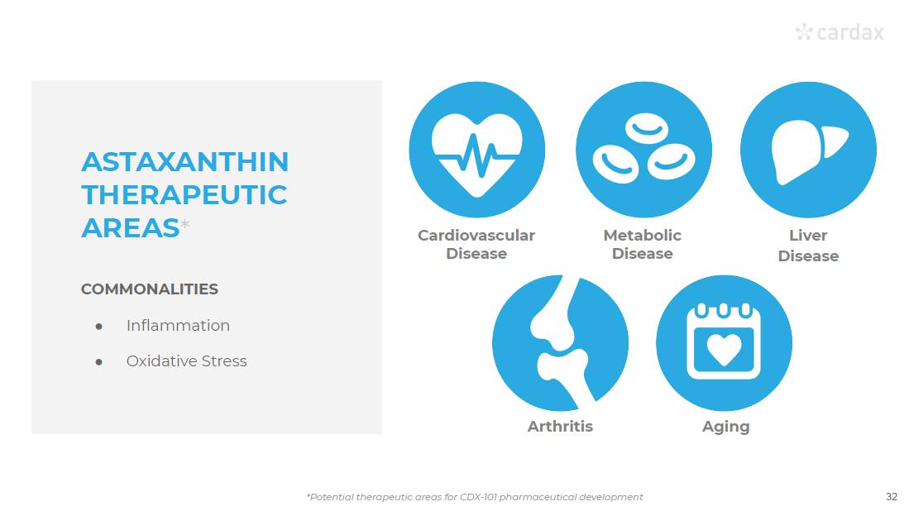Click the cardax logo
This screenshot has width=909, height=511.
point(840,32)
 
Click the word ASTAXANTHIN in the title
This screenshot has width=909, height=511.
point(185,161)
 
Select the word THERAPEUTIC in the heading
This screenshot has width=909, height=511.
point(184,194)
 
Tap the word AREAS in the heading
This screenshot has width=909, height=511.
point(131,227)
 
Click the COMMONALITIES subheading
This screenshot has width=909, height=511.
point(150,289)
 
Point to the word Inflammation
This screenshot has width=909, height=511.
point(178,326)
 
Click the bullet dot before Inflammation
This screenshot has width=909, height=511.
point(99,327)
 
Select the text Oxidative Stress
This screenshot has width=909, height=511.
point(187,361)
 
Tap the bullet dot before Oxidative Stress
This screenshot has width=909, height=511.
point(99,362)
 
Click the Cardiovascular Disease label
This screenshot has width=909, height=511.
point(476,245)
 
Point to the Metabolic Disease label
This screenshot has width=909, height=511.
point(643,245)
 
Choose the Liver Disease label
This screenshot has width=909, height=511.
point(808,246)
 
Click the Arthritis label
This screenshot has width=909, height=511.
point(560,427)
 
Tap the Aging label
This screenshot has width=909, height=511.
point(726,427)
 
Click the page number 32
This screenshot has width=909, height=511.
point(892,496)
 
